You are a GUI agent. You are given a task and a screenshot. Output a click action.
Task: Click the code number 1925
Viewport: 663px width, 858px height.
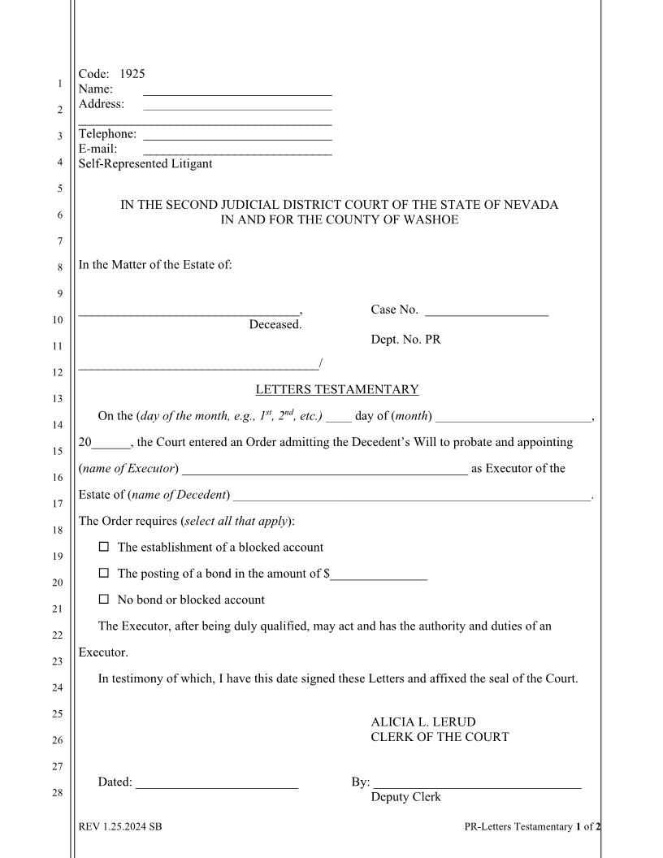132,74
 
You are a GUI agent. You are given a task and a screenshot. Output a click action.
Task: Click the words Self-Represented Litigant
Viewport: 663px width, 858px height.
145,164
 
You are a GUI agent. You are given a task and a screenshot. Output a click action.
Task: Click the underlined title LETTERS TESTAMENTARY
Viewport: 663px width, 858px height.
337,390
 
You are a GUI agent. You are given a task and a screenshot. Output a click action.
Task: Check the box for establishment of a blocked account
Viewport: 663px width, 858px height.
103,548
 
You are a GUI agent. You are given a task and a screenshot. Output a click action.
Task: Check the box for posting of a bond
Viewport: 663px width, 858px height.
103,574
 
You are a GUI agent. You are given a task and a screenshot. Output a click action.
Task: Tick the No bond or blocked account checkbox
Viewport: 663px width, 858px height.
103,600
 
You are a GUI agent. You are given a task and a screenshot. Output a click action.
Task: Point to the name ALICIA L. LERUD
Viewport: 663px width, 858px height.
423,721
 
